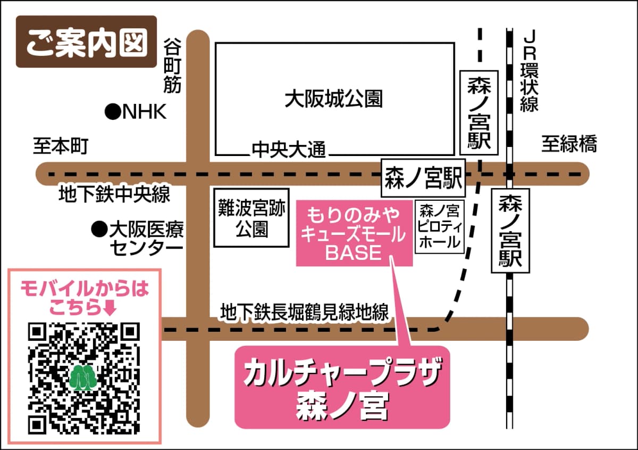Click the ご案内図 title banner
pos(86,42)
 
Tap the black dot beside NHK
pos(112,112)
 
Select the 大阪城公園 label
pos(333,99)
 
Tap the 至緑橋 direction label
pos(569,144)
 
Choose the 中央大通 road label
pos(288,150)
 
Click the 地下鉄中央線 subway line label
pos(114,194)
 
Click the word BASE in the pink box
pos(354,253)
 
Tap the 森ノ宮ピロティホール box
pos(439,226)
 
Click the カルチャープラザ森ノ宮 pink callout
pos(342,387)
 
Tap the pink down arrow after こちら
pos(111,307)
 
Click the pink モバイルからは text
pos(85,290)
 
